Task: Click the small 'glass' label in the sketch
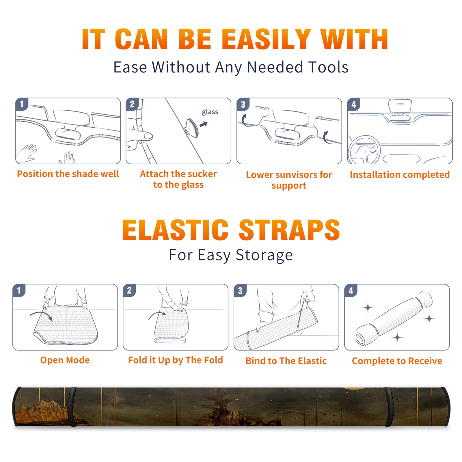pos(210,112)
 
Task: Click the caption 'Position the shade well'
pos(68,174)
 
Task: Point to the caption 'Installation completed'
pos(400,174)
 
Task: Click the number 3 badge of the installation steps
pos(243,104)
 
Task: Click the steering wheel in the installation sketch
pos(364,150)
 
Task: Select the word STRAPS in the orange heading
pos(289,230)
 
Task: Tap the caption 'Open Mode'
pos(65,360)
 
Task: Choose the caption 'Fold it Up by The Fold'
pos(176,360)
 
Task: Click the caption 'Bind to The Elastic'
pos(286,361)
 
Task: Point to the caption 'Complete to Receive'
pos(397,361)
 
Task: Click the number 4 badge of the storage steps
pos(351,290)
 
